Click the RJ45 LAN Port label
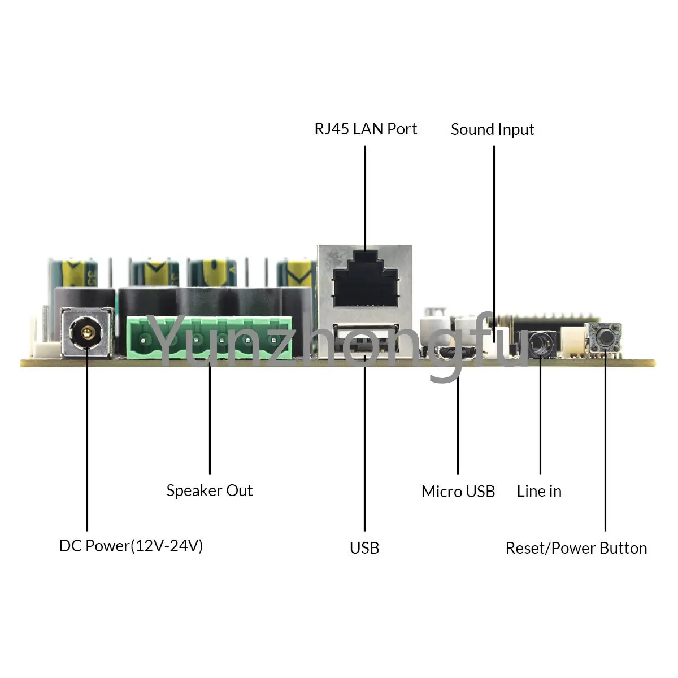click(x=366, y=129)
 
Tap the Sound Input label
click(x=492, y=130)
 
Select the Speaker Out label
click(x=210, y=490)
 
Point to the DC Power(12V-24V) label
click(x=131, y=546)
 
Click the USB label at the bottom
click(x=364, y=547)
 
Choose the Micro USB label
click(x=458, y=492)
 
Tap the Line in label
click(x=539, y=491)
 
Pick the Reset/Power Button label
click(x=576, y=548)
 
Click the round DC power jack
click(x=87, y=333)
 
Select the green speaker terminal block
click(x=210, y=339)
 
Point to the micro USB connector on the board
click(x=455, y=354)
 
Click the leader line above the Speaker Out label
click(x=210, y=418)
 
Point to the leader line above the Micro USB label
click(x=458, y=424)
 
